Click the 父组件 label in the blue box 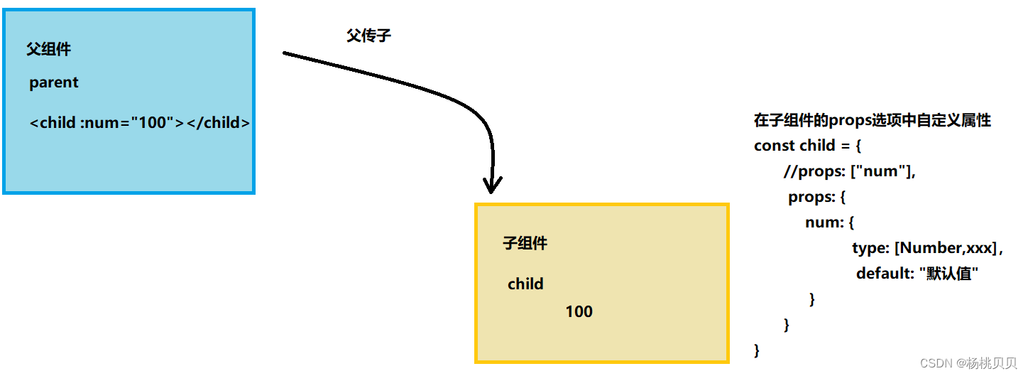[x=49, y=49]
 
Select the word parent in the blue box [x=54, y=82]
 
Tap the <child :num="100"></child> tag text [x=140, y=122]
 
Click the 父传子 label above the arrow [x=368, y=36]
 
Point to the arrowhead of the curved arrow [x=491, y=186]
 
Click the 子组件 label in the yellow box [x=525, y=243]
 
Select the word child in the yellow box [x=525, y=284]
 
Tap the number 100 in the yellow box [x=579, y=311]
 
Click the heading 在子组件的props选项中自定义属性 [x=872, y=120]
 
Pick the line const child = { [x=807, y=146]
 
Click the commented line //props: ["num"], [x=850, y=171]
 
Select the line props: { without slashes [x=816, y=197]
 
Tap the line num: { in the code [x=829, y=222]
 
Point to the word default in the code [x=882, y=274]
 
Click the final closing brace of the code [x=757, y=350]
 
